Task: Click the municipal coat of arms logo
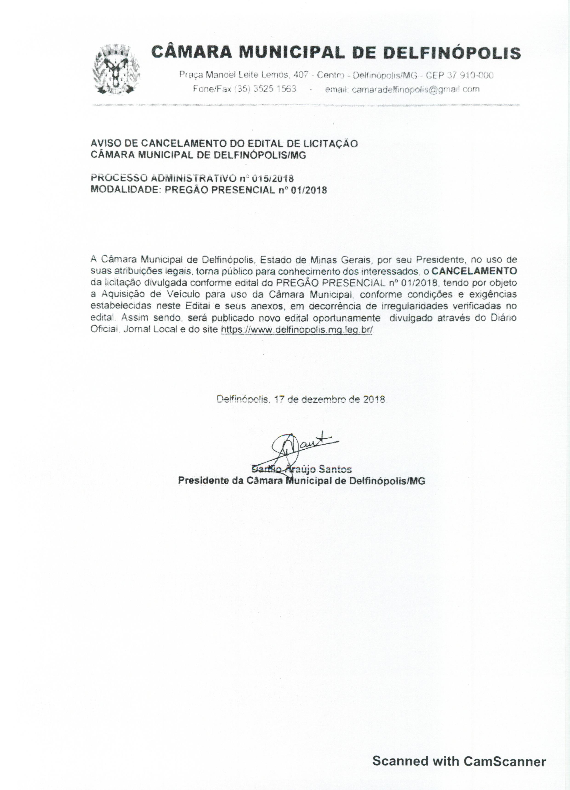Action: click(116, 70)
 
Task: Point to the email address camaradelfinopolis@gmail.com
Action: click(416, 89)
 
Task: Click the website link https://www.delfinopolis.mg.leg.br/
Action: click(297, 330)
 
